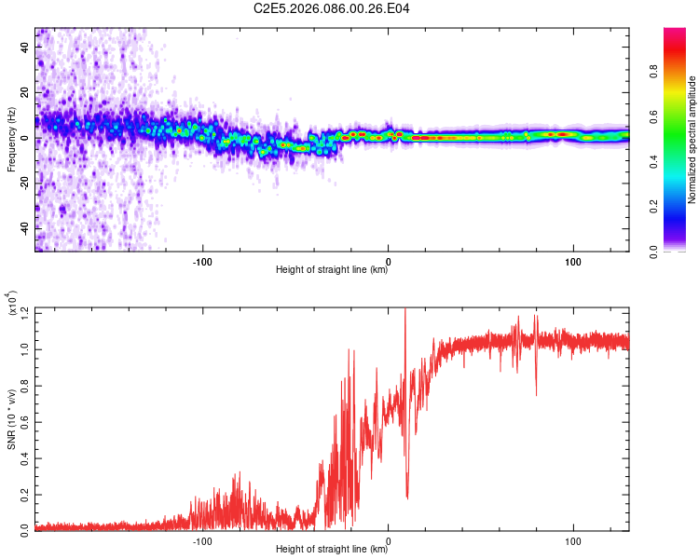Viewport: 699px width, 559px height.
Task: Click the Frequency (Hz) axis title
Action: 11,140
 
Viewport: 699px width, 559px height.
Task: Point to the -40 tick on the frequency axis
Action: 26,228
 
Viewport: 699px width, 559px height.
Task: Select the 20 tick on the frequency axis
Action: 26,92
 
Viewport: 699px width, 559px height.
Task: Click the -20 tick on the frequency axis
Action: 26,183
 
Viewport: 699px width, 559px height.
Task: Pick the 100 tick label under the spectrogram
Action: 572,260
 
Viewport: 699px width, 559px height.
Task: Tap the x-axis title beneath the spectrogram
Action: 332,270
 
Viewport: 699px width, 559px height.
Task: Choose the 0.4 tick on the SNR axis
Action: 26,458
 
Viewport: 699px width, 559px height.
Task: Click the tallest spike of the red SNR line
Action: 404,310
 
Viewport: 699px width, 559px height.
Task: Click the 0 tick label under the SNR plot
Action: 389,539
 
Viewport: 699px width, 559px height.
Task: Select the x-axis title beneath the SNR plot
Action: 332,550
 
